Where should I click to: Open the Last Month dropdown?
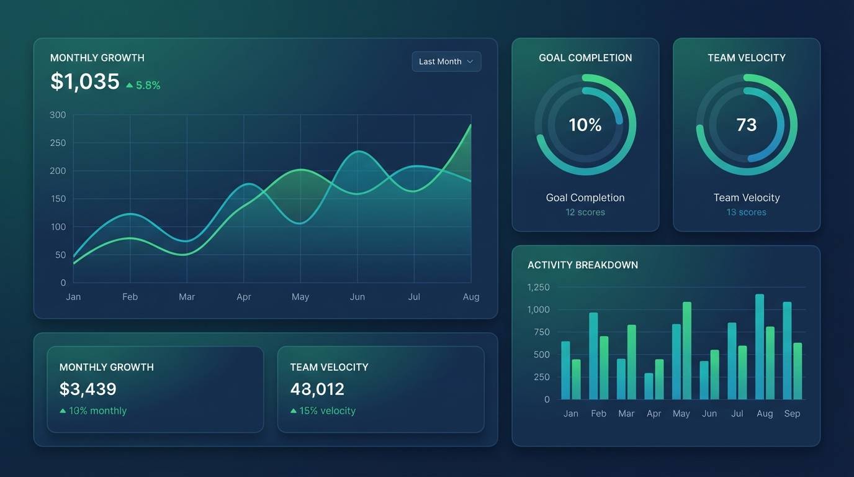pyautogui.click(x=446, y=61)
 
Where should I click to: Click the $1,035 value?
pyautogui.click(x=84, y=81)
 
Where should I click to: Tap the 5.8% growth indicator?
pyautogui.click(x=143, y=86)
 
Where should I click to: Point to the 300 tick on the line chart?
pyautogui.click(x=58, y=115)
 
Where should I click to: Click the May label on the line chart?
pyautogui.click(x=300, y=297)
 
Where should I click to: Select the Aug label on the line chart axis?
pyautogui.click(x=471, y=297)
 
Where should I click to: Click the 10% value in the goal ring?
pyautogui.click(x=585, y=125)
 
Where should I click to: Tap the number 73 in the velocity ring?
pyautogui.click(x=746, y=125)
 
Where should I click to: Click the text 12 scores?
pyautogui.click(x=585, y=212)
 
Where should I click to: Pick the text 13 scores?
pyautogui.click(x=746, y=212)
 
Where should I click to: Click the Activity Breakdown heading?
pyautogui.click(x=582, y=265)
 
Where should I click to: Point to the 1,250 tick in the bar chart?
pyautogui.click(x=538, y=287)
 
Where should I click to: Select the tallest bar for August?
pyautogui.click(x=760, y=347)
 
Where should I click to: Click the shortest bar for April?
pyautogui.click(x=649, y=386)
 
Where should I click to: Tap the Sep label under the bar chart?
pyautogui.click(x=792, y=414)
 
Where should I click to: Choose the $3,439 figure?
pyautogui.click(x=88, y=389)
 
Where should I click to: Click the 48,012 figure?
pyautogui.click(x=317, y=389)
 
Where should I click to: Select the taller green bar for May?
pyautogui.click(x=687, y=350)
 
